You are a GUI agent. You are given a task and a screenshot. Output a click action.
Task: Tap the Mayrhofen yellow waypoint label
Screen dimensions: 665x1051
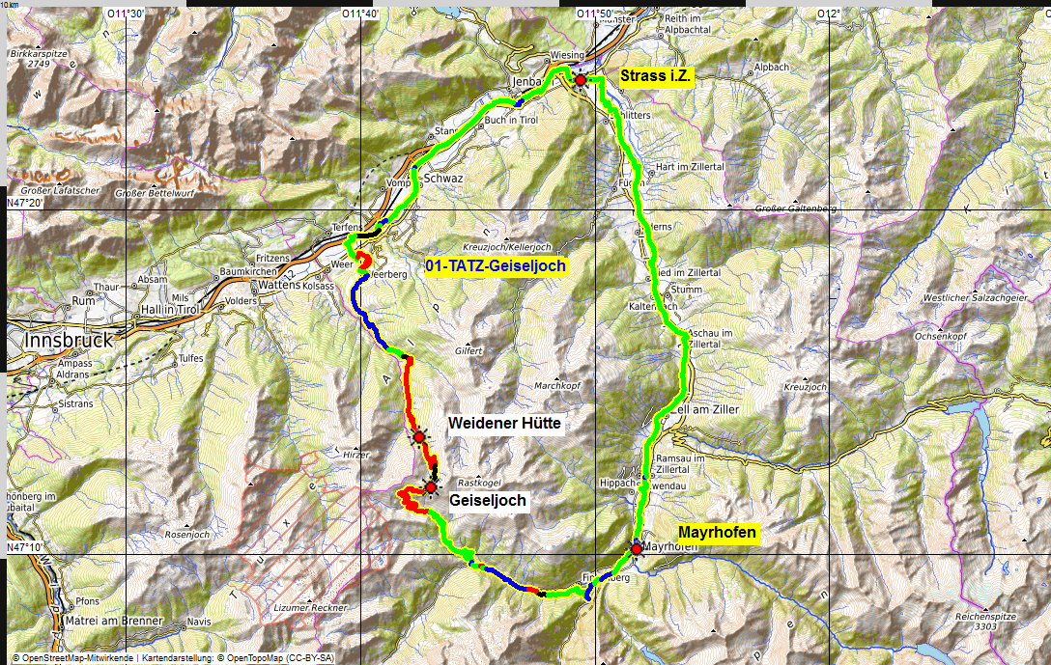(717, 532)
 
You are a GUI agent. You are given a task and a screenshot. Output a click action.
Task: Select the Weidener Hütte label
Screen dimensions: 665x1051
(504, 424)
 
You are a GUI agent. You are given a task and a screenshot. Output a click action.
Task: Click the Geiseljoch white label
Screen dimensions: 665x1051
(488, 501)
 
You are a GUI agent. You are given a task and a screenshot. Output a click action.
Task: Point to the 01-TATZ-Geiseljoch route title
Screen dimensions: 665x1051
(496, 265)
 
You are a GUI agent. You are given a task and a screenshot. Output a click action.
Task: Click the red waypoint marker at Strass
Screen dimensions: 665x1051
(580, 80)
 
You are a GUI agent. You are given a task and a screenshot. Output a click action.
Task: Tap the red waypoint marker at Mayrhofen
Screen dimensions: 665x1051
(636, 548)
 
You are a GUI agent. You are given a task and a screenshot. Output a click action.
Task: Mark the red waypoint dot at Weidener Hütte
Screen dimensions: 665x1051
(419, 437)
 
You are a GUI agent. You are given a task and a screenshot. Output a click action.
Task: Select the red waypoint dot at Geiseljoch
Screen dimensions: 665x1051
(431, 487)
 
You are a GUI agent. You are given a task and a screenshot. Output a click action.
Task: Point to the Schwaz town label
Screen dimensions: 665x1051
(444, 180)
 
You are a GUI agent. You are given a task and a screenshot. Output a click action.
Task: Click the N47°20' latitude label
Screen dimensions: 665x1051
(26, 204)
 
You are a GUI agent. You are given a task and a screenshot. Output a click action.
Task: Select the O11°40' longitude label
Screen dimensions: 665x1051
(359, 14)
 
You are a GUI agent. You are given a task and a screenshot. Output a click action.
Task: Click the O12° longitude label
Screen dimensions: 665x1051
(828, 14)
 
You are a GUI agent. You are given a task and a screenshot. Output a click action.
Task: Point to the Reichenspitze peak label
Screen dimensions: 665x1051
(997, 614)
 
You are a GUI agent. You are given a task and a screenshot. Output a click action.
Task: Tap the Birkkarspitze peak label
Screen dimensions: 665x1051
(40, 57)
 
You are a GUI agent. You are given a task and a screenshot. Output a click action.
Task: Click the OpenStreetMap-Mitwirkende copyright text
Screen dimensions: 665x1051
(72, 657)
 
